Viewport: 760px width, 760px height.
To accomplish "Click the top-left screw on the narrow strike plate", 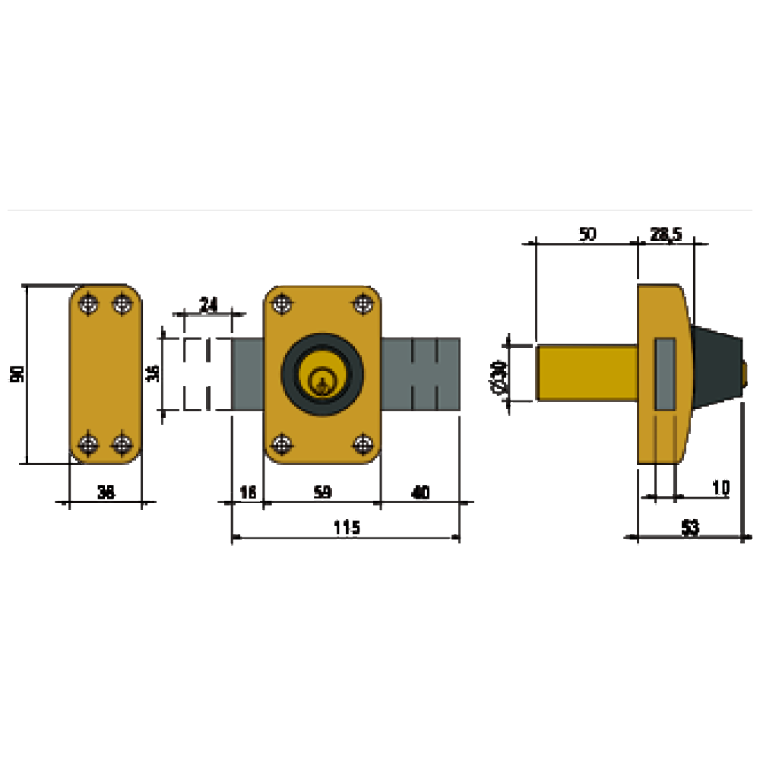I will [90, 305].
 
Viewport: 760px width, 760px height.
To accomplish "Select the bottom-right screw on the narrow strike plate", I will [122, 442].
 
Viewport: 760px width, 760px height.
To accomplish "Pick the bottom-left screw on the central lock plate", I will [282, 443].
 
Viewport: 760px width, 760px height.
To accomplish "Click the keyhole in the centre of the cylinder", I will [323, 377].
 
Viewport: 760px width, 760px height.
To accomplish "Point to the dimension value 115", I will [347, 527].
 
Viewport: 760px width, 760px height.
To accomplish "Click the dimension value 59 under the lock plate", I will [323, 492].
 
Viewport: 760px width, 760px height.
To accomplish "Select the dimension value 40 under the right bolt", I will [420, 492].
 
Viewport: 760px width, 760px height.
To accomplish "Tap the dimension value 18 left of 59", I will [248, 492].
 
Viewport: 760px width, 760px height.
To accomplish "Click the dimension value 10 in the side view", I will [720, 487].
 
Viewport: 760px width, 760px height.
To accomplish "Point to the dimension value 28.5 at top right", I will [667, 235].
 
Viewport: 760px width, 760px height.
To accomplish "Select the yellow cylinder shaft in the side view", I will [587, 373].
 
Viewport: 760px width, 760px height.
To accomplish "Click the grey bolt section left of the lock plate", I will [248, 374].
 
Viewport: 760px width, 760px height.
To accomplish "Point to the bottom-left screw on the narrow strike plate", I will [90, 442].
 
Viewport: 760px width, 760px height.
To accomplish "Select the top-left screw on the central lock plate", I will [282, 306].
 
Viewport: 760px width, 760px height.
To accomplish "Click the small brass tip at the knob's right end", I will [746, 373].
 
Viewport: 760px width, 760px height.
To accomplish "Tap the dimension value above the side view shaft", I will [586, 235].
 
